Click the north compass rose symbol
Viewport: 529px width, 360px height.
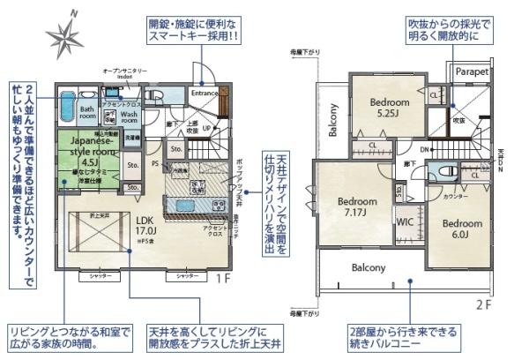64,36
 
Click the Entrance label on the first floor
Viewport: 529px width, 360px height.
205,92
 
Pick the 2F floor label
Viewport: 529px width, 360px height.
483,304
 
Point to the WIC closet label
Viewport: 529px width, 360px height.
406,222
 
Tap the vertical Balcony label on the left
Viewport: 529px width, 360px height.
333,121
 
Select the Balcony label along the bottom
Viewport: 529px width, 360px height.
369,267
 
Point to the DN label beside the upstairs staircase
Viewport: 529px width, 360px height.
424,150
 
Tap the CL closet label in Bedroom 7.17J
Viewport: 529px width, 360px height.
373,145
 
